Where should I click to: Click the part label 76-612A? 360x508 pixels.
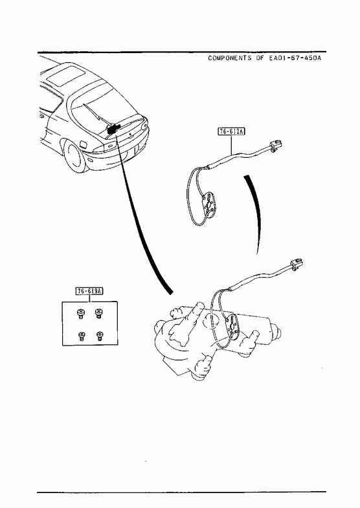click(x=231, y=131)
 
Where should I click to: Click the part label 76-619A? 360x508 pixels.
click(x=89, y=291)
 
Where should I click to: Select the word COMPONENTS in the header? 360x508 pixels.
click(x=229, y=58)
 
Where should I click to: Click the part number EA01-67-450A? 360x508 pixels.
click(x=295, y=58)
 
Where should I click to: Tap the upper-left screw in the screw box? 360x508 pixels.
click(x=80, y=313)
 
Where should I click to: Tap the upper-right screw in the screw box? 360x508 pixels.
click(x=98, y=313)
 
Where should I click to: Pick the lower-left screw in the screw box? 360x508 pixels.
click(x=81, y=336)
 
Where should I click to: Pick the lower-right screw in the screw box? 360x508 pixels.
click(x=100, y=336)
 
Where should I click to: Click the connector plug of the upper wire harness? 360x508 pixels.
click(x=275, y=144)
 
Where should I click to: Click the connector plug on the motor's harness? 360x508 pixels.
click(x=296, y=264)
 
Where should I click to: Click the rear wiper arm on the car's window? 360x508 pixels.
click(x=95, y=114)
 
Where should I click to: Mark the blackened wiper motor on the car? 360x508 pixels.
click(x=113, y=129)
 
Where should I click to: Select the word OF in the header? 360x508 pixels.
click(x=260, y=58)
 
